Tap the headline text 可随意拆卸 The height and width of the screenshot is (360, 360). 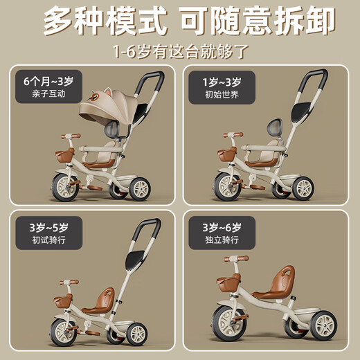[x=256, y=23]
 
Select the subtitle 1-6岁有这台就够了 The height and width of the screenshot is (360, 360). [x=180, y=53]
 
